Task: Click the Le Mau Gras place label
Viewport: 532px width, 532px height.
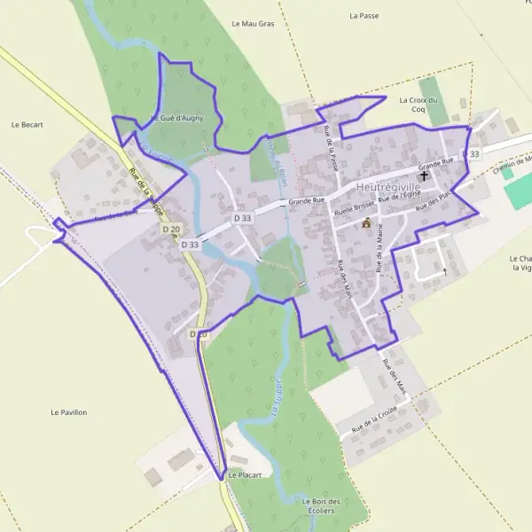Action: (253, 23)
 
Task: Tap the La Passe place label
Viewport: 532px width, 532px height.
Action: (364, 16)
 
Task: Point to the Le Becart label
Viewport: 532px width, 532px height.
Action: (27, 125)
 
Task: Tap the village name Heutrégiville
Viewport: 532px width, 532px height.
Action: (388, 188)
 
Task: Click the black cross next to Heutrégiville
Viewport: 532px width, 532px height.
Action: (424, 176)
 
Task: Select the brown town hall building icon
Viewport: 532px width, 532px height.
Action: (366, 223)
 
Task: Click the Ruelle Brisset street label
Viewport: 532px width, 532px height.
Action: (355, 209)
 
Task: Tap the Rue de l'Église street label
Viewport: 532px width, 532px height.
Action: (397, 202)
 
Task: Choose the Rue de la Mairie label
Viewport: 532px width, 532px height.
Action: (379, 247)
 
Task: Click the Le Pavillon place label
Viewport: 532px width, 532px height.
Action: (69, 412)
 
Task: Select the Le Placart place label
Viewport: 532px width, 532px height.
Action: (244, 475)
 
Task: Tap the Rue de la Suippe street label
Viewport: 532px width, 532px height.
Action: (143, 184)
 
